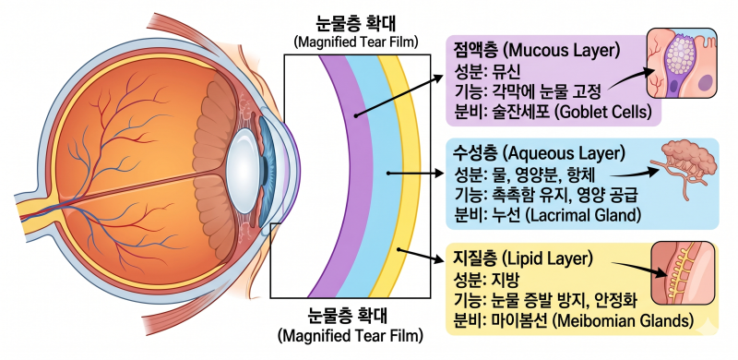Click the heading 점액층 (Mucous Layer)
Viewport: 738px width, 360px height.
537,50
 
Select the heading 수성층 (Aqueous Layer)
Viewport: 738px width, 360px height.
539,152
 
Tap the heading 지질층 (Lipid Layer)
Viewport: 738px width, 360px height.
521,258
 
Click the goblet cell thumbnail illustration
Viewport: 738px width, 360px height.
682,64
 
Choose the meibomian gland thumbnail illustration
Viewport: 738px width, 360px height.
683,273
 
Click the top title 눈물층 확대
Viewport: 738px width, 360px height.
356,24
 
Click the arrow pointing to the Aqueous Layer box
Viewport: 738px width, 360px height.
416,174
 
